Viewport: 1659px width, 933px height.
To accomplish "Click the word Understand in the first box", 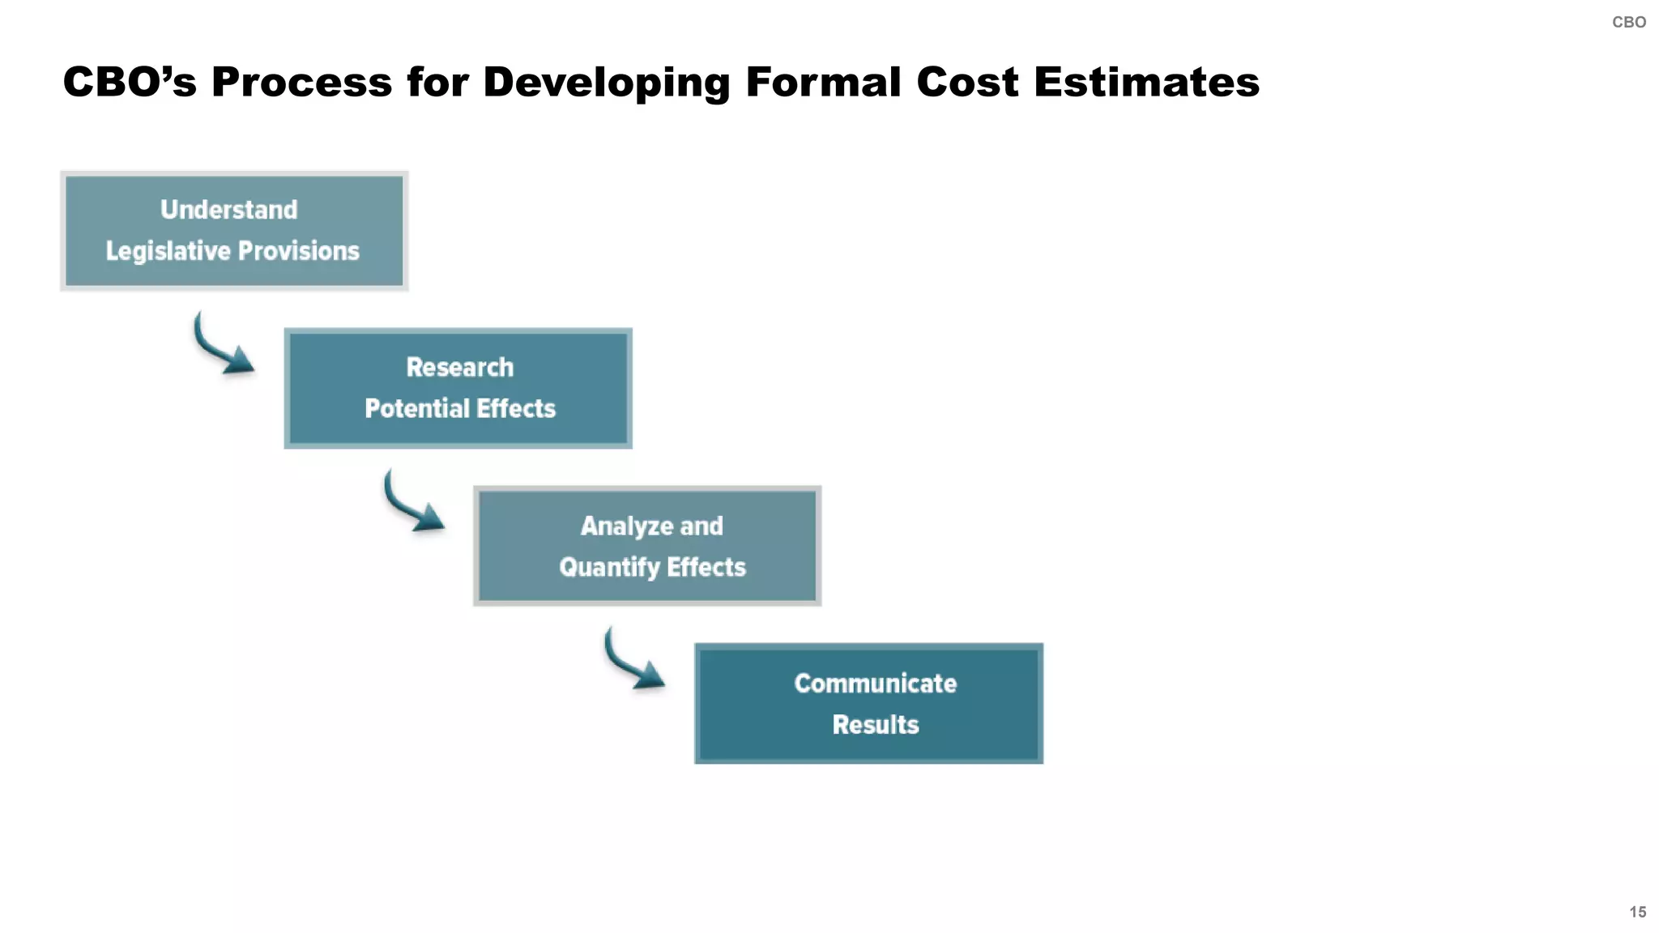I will point(228,210).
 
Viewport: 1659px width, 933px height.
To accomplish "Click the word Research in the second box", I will point(459,368).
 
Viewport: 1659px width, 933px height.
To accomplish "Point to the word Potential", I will point(416,408).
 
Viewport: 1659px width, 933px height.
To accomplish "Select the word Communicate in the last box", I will point(875,684).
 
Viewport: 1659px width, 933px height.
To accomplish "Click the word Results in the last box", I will point(875,725).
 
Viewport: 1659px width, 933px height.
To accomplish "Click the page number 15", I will point(1637,912).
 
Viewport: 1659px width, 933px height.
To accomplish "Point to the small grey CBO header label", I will point(1628,23).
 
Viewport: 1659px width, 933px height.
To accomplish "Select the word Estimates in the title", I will point(1146,83).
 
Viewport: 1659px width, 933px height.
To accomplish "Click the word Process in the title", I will point(301,83).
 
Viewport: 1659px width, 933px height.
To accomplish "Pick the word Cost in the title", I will point(967,83).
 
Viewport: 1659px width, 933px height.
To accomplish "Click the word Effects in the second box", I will point(516,408).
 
